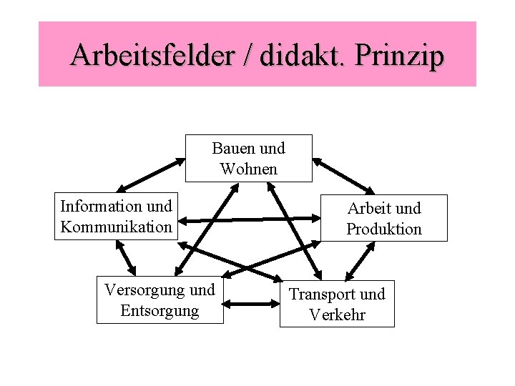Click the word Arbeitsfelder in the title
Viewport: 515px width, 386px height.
pos(152,55)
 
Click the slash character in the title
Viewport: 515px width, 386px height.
pos(246,55)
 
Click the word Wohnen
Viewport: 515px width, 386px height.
pos(249,169)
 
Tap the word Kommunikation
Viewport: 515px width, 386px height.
pos(116,227)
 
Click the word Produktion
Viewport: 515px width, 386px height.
pos(384,229)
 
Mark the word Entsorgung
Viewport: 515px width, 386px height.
pos(160,311)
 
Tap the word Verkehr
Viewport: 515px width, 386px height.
pos(337,315)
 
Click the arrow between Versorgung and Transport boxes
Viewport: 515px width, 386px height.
pos(252,303)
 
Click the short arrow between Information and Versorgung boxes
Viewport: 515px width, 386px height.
pos(126,257)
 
